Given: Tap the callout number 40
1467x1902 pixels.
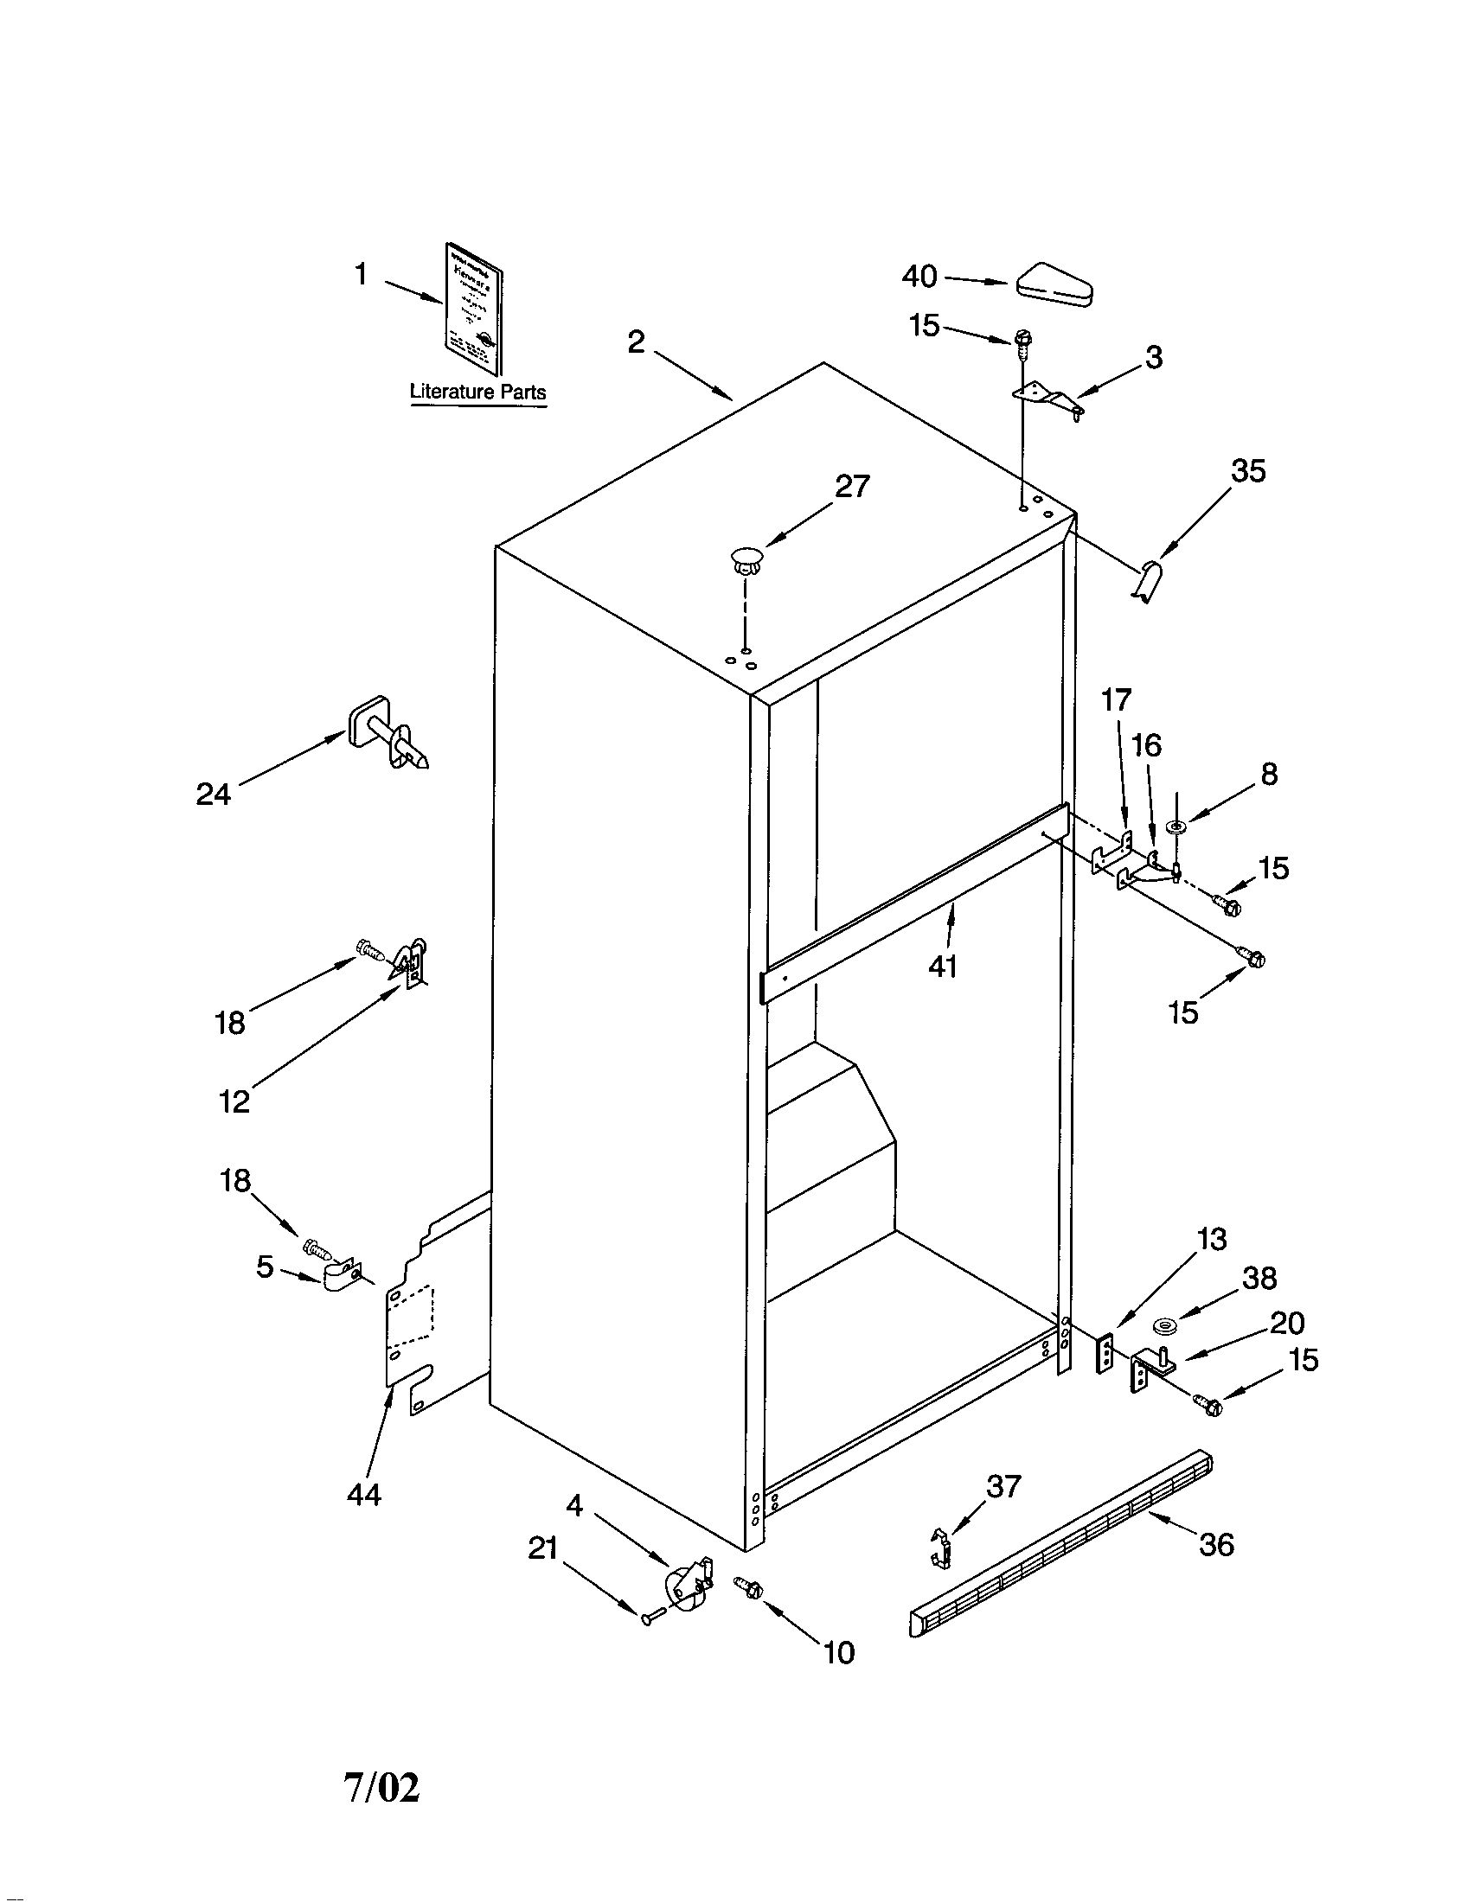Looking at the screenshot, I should (x=919, y=277).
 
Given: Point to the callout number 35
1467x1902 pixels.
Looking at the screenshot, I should (x=1247, y=470).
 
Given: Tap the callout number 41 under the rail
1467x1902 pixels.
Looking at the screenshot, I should (x=943, y=966).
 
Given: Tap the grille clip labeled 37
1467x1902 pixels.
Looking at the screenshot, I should (x=941, y=1548).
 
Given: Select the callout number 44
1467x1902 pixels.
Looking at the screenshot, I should (x=363, y=1495).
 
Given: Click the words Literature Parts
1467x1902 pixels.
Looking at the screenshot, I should (x=477, y=392).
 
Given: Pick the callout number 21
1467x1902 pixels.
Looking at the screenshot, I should (x=542, y=1549).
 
